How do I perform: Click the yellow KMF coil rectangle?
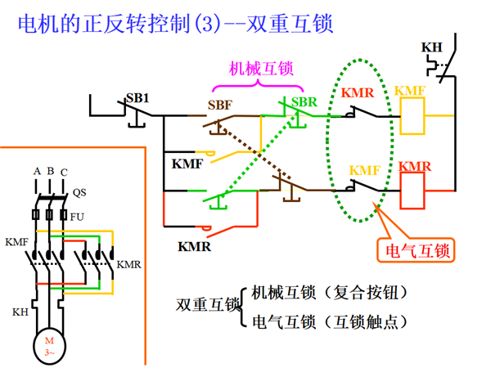(x=412, y=116)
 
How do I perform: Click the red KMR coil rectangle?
(x=412, y=191)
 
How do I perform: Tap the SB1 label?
(x=137, y=98)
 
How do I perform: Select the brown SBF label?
(x=220, y=105)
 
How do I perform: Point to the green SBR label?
(x=304, y=102)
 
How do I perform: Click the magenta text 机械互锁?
(x=261, y=69)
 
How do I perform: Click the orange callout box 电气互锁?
(x=417, y=250)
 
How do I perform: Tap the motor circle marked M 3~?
(x=49, y=346)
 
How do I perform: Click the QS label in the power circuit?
(x=79, y=192)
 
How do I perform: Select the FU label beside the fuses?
(x=77, y=217)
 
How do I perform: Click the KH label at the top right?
(x=431, y=47)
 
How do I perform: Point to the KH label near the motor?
(x=20, y=312)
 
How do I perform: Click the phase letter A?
(x=38, y=172)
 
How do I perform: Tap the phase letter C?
(x=64, y=173)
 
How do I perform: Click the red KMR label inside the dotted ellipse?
(x=358, y=93)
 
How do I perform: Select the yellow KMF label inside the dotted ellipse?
(x=365, y=171)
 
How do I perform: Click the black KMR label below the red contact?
(x=195, y=247)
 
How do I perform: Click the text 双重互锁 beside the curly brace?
(x=208, y=304)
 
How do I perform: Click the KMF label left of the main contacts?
(x=16, y=242)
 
